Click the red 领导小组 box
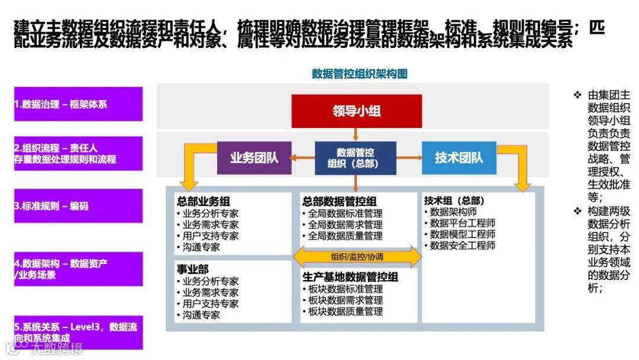click(x=356, y=111)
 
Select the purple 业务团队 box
click(x=254, y=157)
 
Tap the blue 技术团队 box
click(x=459, y=157)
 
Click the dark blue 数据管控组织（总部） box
click(x=355, y=158)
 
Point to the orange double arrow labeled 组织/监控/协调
click(x=357, y=256)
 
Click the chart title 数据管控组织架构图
click(x=359, y=74)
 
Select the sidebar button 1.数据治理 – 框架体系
click(x=78, y=104)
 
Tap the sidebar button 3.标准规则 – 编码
click(x=78, y=206)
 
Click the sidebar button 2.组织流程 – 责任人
click(x=78, y=154)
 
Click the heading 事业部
click(x=192, y=270)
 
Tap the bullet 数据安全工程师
click(x=462, y=246)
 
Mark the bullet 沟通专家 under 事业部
click(x=201, y=315)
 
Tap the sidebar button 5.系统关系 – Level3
click(x=78, y=332)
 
